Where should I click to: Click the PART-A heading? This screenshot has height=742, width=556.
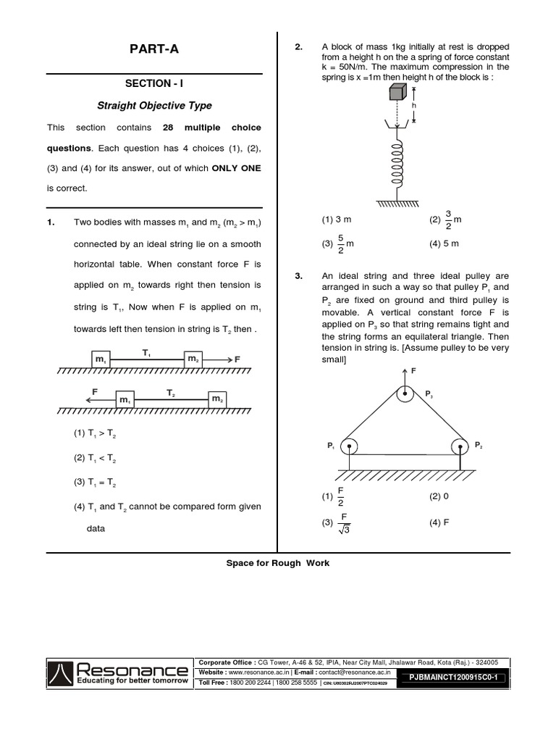[x=153, y=49]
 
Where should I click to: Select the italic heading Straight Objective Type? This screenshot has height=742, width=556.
[x=153, y=106]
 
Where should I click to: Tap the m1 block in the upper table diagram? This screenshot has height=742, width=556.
[x=101, y=359]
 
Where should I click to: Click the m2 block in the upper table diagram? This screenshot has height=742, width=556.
[x=193, y=359]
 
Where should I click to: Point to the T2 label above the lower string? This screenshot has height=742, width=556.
[x=171, y=392]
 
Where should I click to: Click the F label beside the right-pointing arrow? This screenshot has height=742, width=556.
[x=237, y=359]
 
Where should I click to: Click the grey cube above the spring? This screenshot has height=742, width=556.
[x=397, y=92]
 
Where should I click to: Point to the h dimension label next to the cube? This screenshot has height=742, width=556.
[x=415, y=105]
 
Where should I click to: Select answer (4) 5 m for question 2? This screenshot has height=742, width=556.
[x=444, y=243]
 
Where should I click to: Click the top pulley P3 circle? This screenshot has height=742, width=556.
[x=404, y=395]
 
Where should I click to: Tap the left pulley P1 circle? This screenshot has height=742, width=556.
[x=350, y=446]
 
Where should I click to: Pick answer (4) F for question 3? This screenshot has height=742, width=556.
[x=439, y=522]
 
